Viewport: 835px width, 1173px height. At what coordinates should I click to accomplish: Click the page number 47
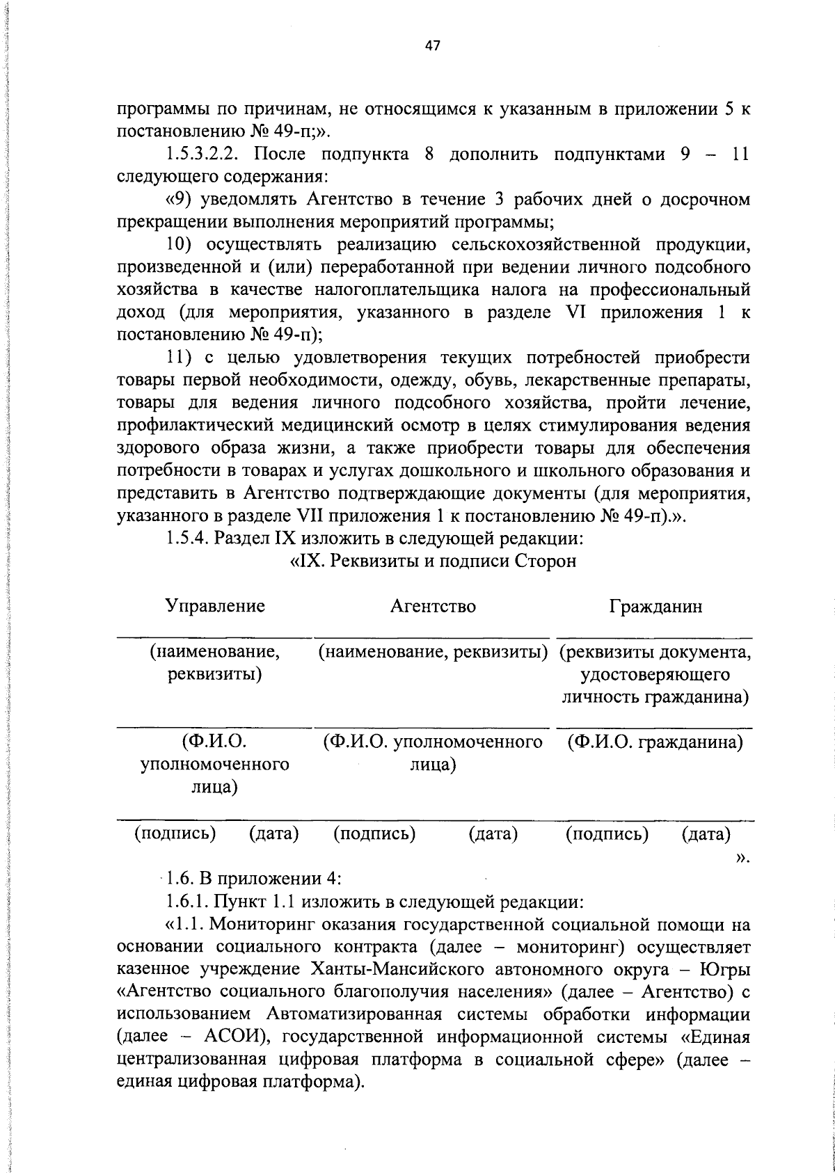point(432,47)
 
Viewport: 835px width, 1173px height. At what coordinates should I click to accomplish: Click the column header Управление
point(215,606)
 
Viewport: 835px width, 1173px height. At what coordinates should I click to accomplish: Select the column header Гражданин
point(656,607)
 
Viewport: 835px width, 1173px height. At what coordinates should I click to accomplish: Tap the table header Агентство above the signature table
point(433,607)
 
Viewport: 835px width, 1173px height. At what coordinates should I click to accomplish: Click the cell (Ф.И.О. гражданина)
point(655,742)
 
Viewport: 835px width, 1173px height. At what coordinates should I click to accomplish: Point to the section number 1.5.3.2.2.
point(205,154)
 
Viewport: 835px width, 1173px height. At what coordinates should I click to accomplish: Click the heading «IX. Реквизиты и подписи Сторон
point(432,561)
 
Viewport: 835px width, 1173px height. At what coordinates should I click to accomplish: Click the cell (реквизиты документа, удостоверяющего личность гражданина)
point(655,675)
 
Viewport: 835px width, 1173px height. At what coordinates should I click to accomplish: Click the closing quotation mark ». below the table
point(742,857)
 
